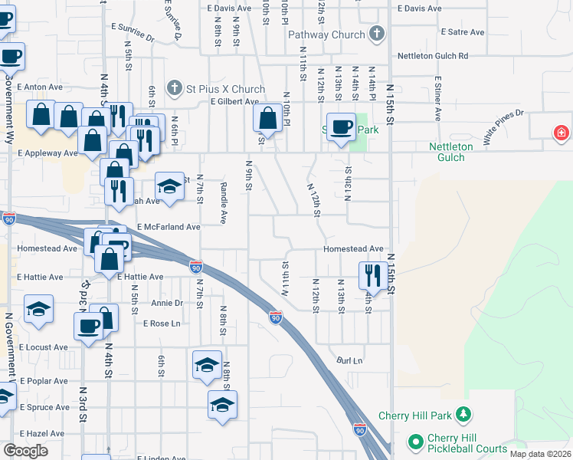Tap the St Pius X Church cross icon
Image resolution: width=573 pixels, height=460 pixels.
coord(175,88)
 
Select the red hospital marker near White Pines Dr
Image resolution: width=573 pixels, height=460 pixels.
coord(562,133)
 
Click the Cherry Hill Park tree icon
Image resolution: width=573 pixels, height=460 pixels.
coord(463,416)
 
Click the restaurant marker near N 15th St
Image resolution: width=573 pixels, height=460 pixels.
coord(372,274)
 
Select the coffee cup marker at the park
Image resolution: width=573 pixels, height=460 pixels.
coord(340,127)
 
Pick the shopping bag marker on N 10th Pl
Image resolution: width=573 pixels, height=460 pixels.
coord(267,119)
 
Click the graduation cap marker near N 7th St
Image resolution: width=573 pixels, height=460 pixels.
coord(170,186)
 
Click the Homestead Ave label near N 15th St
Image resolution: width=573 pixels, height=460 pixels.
coord(352,249)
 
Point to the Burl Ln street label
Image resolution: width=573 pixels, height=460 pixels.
coord(349,360)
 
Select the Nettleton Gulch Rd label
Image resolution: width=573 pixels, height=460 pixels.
coord(432,56)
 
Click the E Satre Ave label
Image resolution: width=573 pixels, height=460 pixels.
coord(463,32)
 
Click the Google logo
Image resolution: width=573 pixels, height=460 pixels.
coord(25,451)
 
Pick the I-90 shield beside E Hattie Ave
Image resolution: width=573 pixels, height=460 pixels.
coord(196,267)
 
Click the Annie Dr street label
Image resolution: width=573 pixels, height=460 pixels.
coord(167,304)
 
